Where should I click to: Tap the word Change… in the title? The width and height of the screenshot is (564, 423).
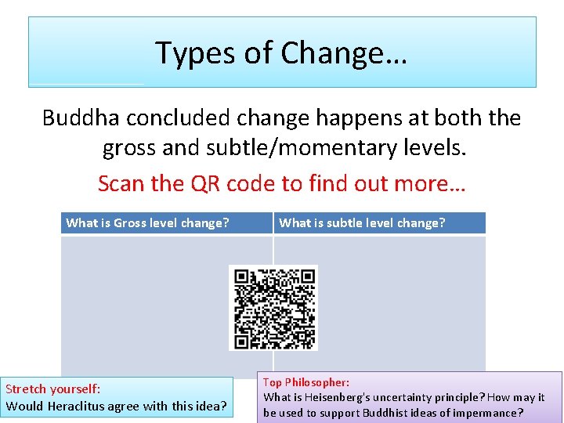tap(344, 53)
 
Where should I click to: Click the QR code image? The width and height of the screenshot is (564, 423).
tap(273, 307)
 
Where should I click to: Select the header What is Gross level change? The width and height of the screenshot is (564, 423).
tap(147, 223)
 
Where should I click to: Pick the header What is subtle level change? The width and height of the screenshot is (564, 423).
tap(362, 223)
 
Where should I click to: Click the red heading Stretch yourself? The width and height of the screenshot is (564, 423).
tap(53, 389)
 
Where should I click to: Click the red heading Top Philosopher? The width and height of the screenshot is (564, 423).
tap(306, 382)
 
